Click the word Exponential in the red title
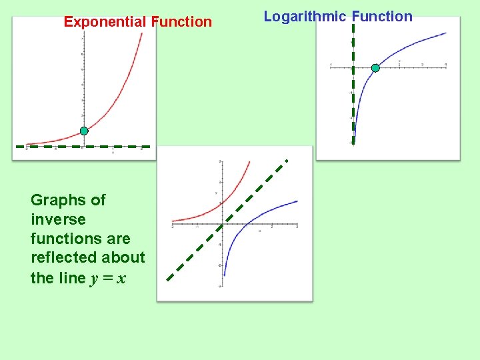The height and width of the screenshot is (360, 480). point(105,22)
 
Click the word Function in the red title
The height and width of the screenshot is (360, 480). point(181,22)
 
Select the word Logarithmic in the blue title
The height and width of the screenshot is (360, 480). point(305,17)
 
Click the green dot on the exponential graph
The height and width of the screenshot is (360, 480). point(84,131)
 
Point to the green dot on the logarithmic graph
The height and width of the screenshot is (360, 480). point(375,68)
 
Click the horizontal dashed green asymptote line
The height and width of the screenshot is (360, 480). point(47,145)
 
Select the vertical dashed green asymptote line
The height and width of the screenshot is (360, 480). point(353,100)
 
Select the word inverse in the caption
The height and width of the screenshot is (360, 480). point(58,219)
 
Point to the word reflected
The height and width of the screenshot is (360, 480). point(63,258)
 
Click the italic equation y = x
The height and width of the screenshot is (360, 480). point(107,278)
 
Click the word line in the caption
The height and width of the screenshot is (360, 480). point(73,278)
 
